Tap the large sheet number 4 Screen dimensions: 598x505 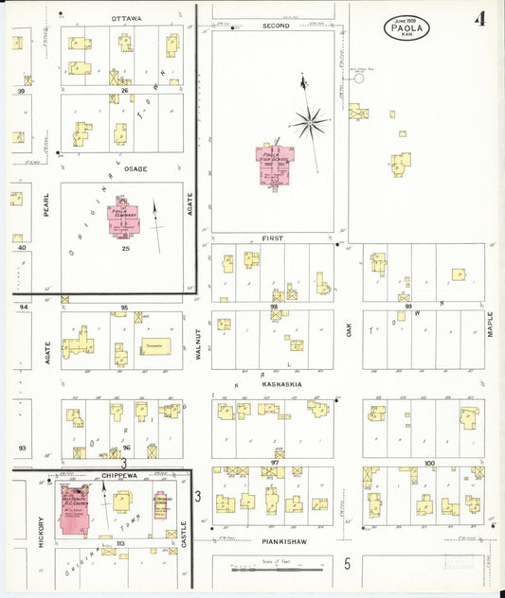pyautogui.click(x=482, y=19)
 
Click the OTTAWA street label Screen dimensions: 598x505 pyautogui.click(x=126, y=19)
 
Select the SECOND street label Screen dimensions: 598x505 pyautogui.click(x=276, y=26)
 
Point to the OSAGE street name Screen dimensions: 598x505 pyautogui.click(x=135, y=168)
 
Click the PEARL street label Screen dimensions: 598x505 pyautogui.click(x=45, y=205)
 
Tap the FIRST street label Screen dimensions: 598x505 pyautogui.click(x=274, y=239)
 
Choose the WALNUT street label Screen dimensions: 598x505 pyautogui.click(x=198, y=342)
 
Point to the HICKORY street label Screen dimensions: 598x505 pyautogui.click(x=42, y=527)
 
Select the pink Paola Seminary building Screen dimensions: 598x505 pyautogui.click(x=124, y=218)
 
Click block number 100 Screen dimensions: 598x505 pyautogui.click(x=429, y=463)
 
